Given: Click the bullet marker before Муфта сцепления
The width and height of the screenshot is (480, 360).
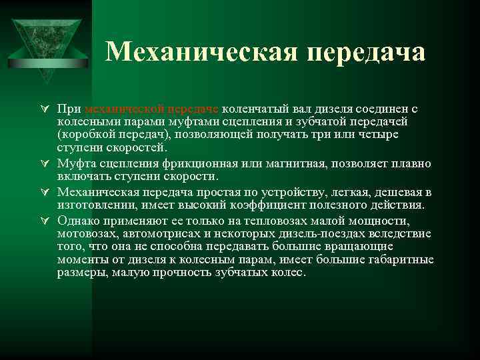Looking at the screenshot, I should click(43, 164).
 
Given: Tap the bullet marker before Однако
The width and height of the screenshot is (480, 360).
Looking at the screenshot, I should click(43, 221).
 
